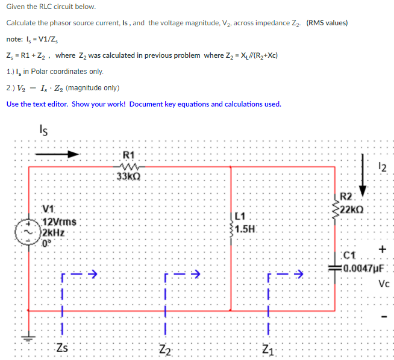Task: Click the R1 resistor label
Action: click(128, 154)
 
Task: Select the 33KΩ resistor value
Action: click(128, 178)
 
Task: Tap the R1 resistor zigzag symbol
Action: click(128, 167)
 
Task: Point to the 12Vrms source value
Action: click(58, 222)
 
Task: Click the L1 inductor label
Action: click(240, 217)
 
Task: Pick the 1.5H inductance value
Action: click(246, 229)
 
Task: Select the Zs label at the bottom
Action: click(62, 347)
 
